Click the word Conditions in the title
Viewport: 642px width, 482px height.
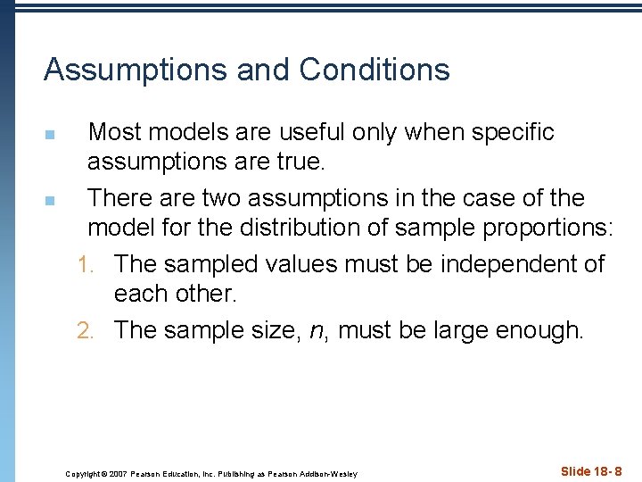374,70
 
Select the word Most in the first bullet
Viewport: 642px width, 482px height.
116,132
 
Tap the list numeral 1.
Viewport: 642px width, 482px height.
84,264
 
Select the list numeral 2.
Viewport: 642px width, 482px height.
84,330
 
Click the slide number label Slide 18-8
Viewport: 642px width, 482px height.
591,471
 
